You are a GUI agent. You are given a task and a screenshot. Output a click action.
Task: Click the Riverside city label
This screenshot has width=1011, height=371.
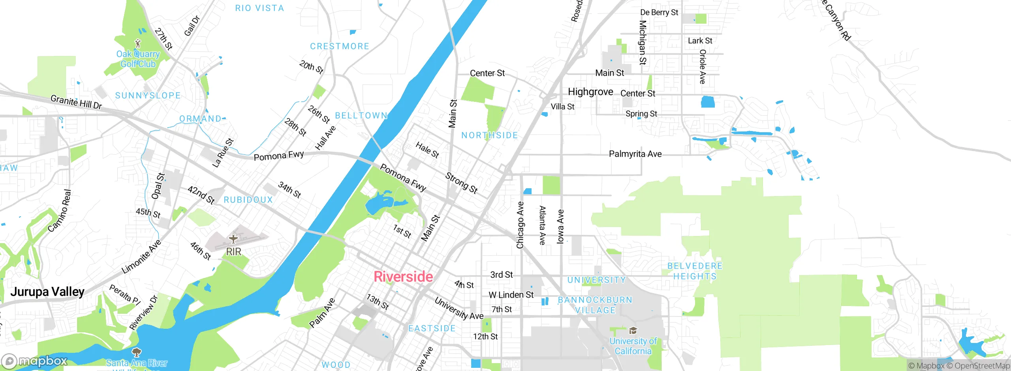pos(403,277)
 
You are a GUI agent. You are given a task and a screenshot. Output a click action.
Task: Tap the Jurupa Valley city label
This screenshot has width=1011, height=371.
pos(47,292)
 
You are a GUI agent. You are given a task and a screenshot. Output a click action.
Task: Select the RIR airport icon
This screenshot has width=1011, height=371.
pos(233,239)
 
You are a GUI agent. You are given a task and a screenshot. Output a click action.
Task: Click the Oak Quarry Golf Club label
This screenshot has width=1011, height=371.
pos(138,59)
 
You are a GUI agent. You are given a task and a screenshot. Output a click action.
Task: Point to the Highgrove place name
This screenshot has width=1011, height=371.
pos(590,92)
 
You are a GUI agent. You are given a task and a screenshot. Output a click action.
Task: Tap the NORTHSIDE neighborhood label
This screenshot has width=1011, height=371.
pos(490,135)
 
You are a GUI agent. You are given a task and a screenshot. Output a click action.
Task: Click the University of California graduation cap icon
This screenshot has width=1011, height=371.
pos(633,330)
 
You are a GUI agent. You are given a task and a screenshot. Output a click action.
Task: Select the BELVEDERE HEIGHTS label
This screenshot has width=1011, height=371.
pos(695,271)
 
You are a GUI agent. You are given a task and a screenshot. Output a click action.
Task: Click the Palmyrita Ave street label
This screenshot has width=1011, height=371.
pos(635,154)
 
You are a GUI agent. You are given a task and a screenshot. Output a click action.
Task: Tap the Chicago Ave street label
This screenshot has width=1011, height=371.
pos(520,225)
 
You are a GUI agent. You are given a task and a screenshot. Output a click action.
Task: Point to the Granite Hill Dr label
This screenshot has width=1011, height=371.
pos(76,102)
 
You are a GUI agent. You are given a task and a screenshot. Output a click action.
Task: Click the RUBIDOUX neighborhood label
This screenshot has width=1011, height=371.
pos(248,200)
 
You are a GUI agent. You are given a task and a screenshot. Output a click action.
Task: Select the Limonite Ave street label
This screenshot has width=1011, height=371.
pos(141,257)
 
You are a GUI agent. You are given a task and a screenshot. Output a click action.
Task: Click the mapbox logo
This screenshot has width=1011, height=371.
pos(35,361)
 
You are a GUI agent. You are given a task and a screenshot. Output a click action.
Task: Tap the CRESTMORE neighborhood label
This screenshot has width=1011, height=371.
pos(340,47)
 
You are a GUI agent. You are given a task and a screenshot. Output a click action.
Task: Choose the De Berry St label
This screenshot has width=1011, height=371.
pos(659,13)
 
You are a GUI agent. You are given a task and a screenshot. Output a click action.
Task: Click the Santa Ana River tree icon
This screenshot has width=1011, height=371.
pos(137,352)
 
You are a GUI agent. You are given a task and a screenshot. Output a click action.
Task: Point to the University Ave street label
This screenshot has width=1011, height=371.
pos(459,308)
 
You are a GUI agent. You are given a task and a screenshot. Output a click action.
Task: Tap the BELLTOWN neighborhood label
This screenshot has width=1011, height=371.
pos(361,116)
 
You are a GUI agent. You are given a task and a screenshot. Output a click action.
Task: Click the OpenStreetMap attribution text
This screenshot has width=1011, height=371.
pos(982,366)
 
